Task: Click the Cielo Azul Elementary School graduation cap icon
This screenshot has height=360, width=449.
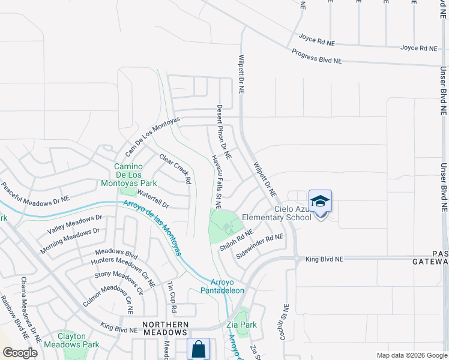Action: pos(320,202)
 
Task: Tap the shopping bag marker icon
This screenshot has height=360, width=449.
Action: pos(197,349)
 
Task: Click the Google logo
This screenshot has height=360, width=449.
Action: pos(20,353)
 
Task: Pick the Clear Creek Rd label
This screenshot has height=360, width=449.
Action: pos(175,169)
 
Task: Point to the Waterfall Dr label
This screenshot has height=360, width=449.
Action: pos(153,199)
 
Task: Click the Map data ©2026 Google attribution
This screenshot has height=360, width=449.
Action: pos(411,355)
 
